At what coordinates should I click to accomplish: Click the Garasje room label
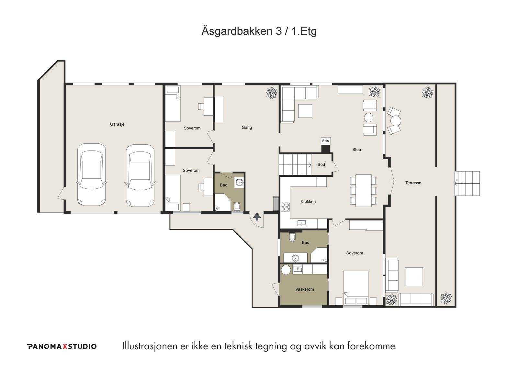pyautogui.click(x=117, y=124)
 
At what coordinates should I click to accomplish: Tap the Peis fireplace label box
pyautogui.click(x=325, y=141)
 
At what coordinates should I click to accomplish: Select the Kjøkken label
pyautogui.click(x=308, y=202)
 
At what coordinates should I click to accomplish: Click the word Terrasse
pyautogui.click(x=413, y=183)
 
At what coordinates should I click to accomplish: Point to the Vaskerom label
pyautogui.click(x=305, y=289)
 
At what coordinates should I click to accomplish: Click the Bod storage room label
pyautogui.click(x=321, y=165)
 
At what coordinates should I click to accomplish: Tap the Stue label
pyautogui.click(x=356, y=150)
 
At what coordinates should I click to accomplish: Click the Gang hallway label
pyautogui.click(x=247, y=128)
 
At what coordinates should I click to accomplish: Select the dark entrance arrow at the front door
pyautogui.click(x=257, y=217)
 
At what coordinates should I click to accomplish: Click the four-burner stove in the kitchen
pyautogui.click(x=285, y=207)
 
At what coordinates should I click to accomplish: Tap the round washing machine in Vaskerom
pyautogui.click(x=286, y=270)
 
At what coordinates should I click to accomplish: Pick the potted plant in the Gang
pyautogui.click(x=272, y=93)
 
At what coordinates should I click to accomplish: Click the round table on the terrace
pyautogui.click(x=396, y=121)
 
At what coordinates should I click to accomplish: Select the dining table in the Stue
pyautogui.click(x=364, y=191)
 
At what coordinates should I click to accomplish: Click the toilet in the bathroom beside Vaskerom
pyautogui.click(x=293, y=237)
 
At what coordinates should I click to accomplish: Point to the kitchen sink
pyautogui.click(x=302, y=223)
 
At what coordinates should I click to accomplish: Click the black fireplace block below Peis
pyautogui.click(x=326, y=149)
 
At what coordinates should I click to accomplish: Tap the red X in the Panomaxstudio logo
pyautogui.click(x=65, y=346)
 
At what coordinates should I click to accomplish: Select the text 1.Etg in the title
pyautogui.click(x=304, y=31)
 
